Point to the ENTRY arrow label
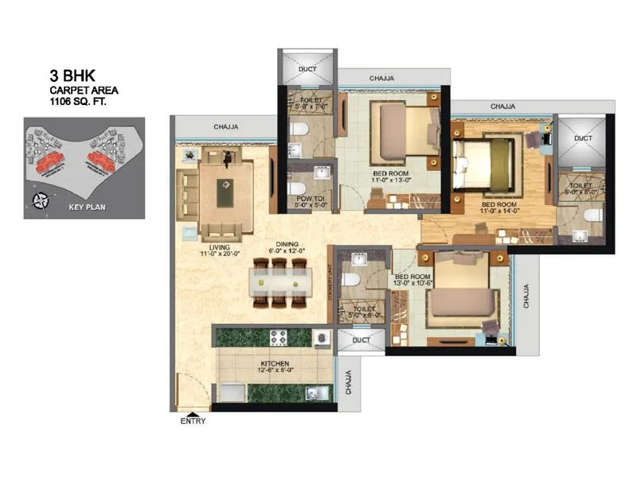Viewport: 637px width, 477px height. click(x=193, y=421)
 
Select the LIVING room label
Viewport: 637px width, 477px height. click(x=214, y=247)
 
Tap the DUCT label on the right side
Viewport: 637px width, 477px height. click(x=583, y=138)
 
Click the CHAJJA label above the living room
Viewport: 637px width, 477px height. click(x=227, y=126)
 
